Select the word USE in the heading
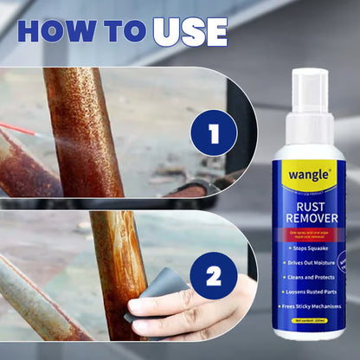click(190, 31)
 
